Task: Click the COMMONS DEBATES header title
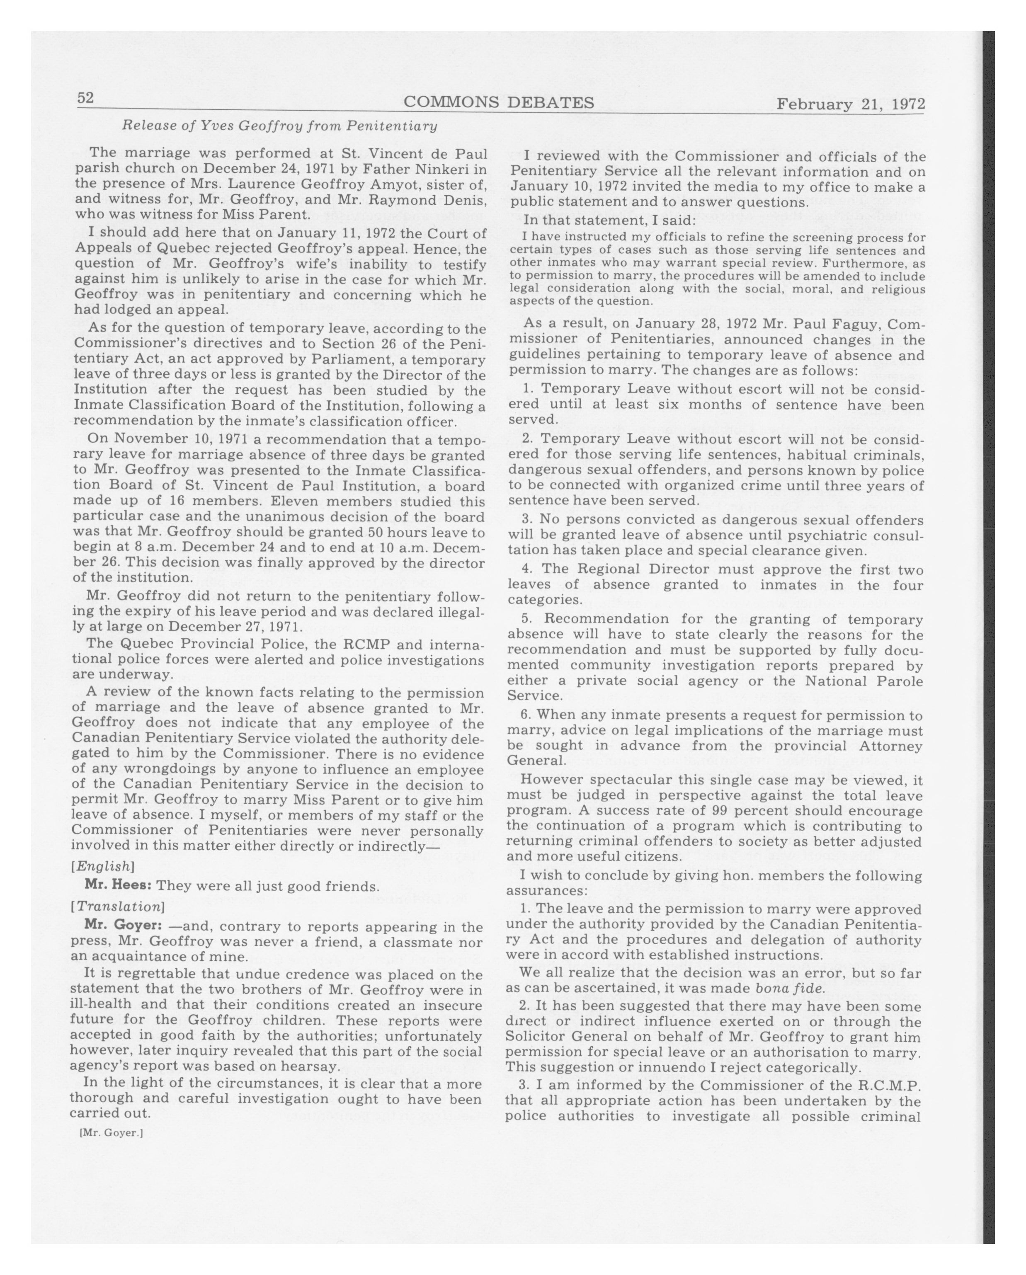pos(499,103)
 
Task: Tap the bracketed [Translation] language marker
pos(117,907)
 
